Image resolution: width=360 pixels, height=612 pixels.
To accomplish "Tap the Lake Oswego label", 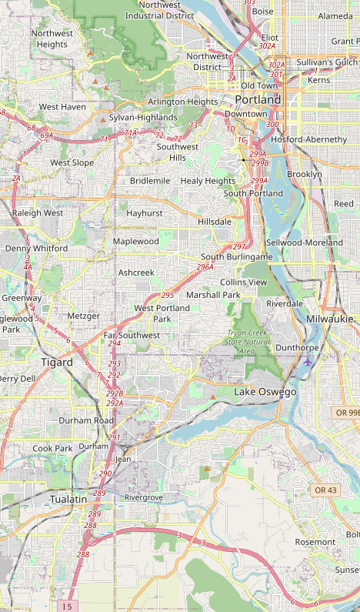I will point(265,393).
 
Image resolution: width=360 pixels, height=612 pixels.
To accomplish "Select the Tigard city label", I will point(57,362).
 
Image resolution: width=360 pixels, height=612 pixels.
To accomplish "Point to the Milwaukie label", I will point(329,319).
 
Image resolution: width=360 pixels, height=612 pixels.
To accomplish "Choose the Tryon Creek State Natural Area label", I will point(248,342).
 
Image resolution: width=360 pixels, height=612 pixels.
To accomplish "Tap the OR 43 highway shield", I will point(325,490).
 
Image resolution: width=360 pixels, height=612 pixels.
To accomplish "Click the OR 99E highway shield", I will point(346,413).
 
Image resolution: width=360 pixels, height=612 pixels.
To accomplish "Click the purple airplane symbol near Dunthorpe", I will point(308,362).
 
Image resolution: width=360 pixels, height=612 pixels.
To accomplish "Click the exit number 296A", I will point(205,267).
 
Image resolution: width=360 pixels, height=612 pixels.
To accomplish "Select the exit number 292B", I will point(115,393).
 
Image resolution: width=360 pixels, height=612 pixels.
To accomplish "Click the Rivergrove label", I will point(144,498).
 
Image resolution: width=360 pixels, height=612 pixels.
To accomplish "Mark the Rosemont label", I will point(315,542).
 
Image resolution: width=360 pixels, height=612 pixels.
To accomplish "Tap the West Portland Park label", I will point(162,313).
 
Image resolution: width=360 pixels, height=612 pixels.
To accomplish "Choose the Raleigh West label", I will point(38,212).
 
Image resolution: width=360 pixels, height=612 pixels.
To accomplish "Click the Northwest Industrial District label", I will point(160,9).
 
